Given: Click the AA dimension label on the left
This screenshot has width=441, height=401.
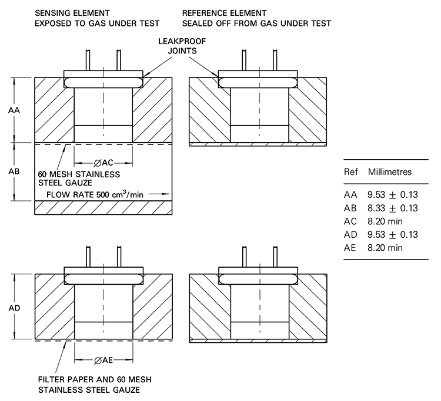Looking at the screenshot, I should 13,110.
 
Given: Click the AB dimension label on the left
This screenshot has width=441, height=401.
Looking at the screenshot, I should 13,172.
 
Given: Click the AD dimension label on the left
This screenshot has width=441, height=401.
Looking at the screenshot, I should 13,306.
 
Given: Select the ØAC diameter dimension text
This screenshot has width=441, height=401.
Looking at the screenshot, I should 103,163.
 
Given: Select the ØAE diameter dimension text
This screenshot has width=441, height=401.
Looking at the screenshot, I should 103,360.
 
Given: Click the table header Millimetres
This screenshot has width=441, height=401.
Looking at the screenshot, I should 389,173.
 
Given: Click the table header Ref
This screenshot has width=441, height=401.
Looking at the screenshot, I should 351,173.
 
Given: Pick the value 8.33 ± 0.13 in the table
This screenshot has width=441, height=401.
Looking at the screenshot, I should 392,208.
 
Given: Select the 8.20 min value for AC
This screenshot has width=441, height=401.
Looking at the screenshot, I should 385,221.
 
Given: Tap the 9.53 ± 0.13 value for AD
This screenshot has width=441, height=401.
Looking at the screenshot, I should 392,235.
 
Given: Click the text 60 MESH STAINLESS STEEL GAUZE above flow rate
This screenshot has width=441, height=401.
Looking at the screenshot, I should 79,179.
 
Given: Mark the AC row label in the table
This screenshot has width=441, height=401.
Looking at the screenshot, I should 351,221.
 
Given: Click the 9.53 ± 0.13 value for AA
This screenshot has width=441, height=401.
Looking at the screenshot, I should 392,194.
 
